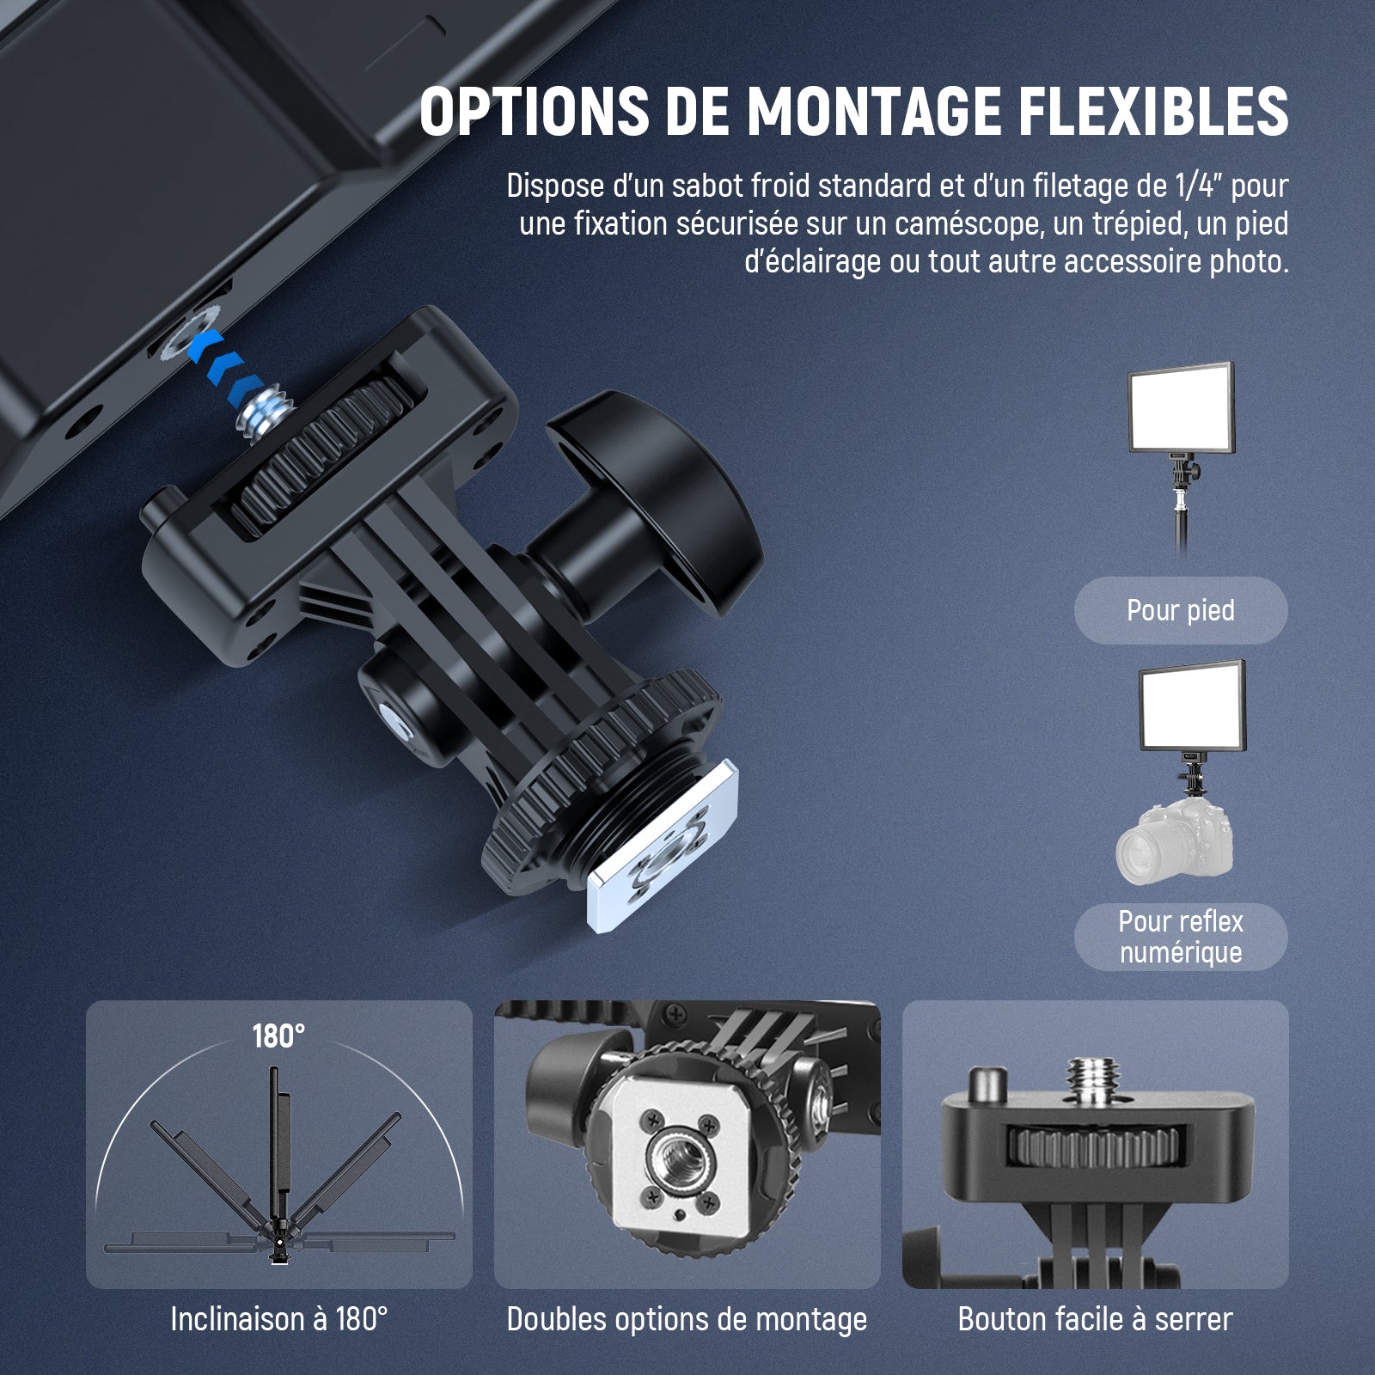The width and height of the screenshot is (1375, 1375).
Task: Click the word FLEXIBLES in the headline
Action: coord(1146,111)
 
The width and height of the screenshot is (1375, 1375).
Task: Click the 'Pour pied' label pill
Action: coord(1181,610)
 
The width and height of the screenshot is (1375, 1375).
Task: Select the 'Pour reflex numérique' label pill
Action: coord(1181,937)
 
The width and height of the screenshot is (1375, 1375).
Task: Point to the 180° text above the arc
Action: coord(278,1036)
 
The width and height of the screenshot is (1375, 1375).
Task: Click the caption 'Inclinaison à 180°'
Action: coord(279,1319)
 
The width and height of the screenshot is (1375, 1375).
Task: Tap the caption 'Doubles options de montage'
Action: coord(687,1319)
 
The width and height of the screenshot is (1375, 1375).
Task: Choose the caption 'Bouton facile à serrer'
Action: coord(1096,1319)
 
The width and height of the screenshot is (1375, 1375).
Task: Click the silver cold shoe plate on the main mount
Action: coord(663,859)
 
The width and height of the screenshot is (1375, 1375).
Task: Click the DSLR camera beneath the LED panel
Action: coord(1175,842)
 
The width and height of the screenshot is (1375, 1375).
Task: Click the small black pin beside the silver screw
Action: coord(987,1085)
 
